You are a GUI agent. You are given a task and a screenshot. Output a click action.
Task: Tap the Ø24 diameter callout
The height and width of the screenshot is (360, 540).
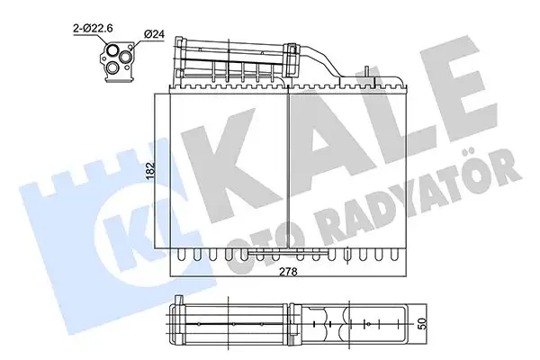(154, 34)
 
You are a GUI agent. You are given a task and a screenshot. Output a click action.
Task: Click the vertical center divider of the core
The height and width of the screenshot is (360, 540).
(285, 167)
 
